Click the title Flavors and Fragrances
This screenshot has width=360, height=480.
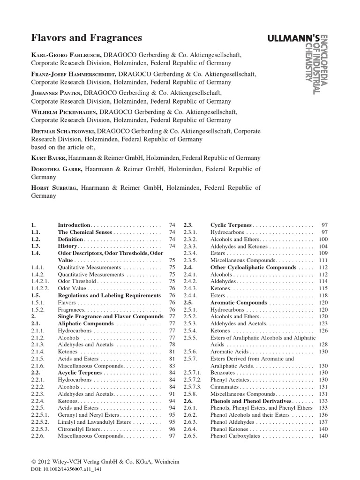[86, 37]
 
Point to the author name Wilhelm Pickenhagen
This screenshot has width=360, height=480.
[68, 112]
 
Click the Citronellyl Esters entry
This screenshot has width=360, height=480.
[79, 429]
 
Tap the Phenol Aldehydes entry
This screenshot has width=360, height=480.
[232, 422]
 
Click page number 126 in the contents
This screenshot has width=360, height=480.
[323, 330]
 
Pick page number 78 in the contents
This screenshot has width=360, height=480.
[172, 345]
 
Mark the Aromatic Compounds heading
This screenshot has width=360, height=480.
[239, 302]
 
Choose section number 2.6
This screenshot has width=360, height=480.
[188, 401]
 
